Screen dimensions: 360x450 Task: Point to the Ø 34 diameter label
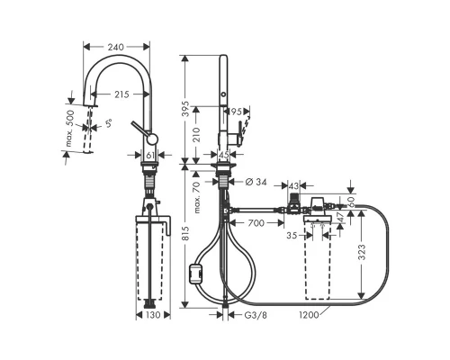[255, 183]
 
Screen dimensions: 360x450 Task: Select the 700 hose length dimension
[256, 220]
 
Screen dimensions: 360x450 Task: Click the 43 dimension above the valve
[294, 184]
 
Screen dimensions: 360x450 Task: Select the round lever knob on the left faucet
[152, 139]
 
